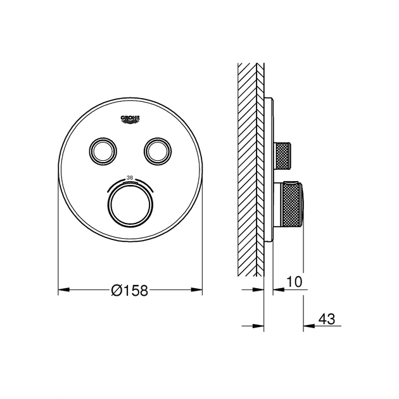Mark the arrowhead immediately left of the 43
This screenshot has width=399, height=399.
coord(307,326)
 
